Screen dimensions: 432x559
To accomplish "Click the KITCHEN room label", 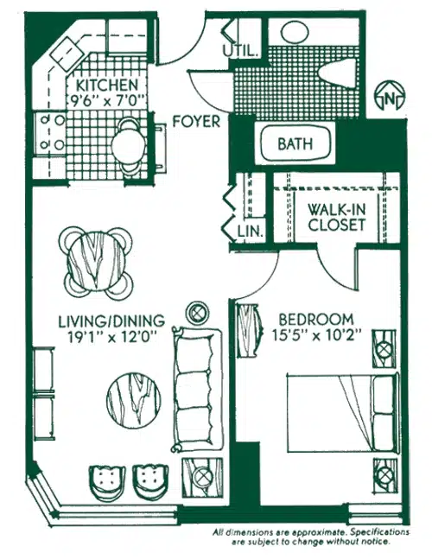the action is [107, 86].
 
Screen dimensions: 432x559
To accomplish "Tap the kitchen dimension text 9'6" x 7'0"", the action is [107, 101].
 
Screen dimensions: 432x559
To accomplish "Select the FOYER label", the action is [196, 122].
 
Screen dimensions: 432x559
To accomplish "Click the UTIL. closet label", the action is [240, 51].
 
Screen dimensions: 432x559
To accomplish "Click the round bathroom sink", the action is [295, 32].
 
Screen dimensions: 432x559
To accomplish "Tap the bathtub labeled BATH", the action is [295, 143].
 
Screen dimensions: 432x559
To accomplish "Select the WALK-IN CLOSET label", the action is [337, 218].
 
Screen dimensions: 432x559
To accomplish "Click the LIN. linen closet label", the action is [251, 232].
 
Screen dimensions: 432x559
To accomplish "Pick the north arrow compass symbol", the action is [390, 96].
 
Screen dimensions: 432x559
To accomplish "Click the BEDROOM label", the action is [316, 320].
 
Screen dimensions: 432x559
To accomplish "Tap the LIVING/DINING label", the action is [111, 321].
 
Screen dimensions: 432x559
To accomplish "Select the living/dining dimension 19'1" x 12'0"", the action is [112, 337].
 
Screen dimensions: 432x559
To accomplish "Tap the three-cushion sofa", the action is [197, 390].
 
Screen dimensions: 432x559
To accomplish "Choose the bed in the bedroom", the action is [342, 413].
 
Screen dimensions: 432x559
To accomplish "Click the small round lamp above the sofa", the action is [198, 313].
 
